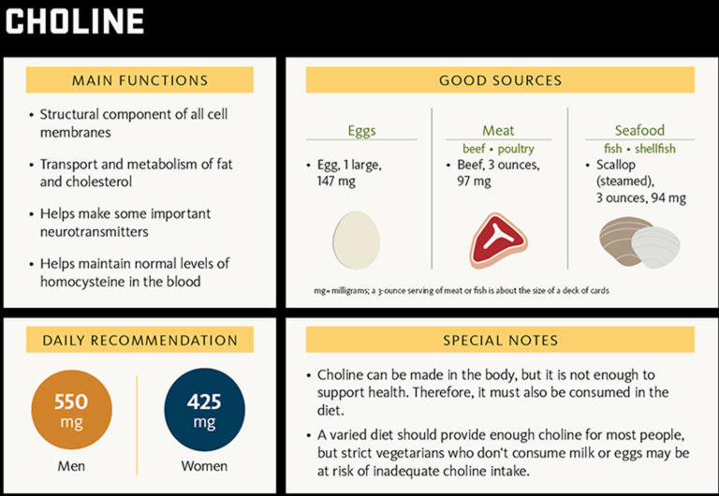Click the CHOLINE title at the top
[x=75, y=22]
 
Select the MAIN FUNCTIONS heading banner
[x=139, y=80]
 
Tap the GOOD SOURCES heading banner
[x=500, y=80]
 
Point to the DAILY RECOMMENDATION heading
[x=139, y=341]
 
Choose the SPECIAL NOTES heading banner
[x=500, y=341]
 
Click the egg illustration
[x=356, y=240]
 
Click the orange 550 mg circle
[x=71, y=410]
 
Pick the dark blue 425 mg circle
[x=204, y=410]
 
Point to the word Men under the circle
[x=71, y=466]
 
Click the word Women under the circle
[x=204, y=466]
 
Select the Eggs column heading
[x=361, y=131]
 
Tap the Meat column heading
[x=498, y=131]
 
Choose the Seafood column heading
[x=639, y=131]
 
